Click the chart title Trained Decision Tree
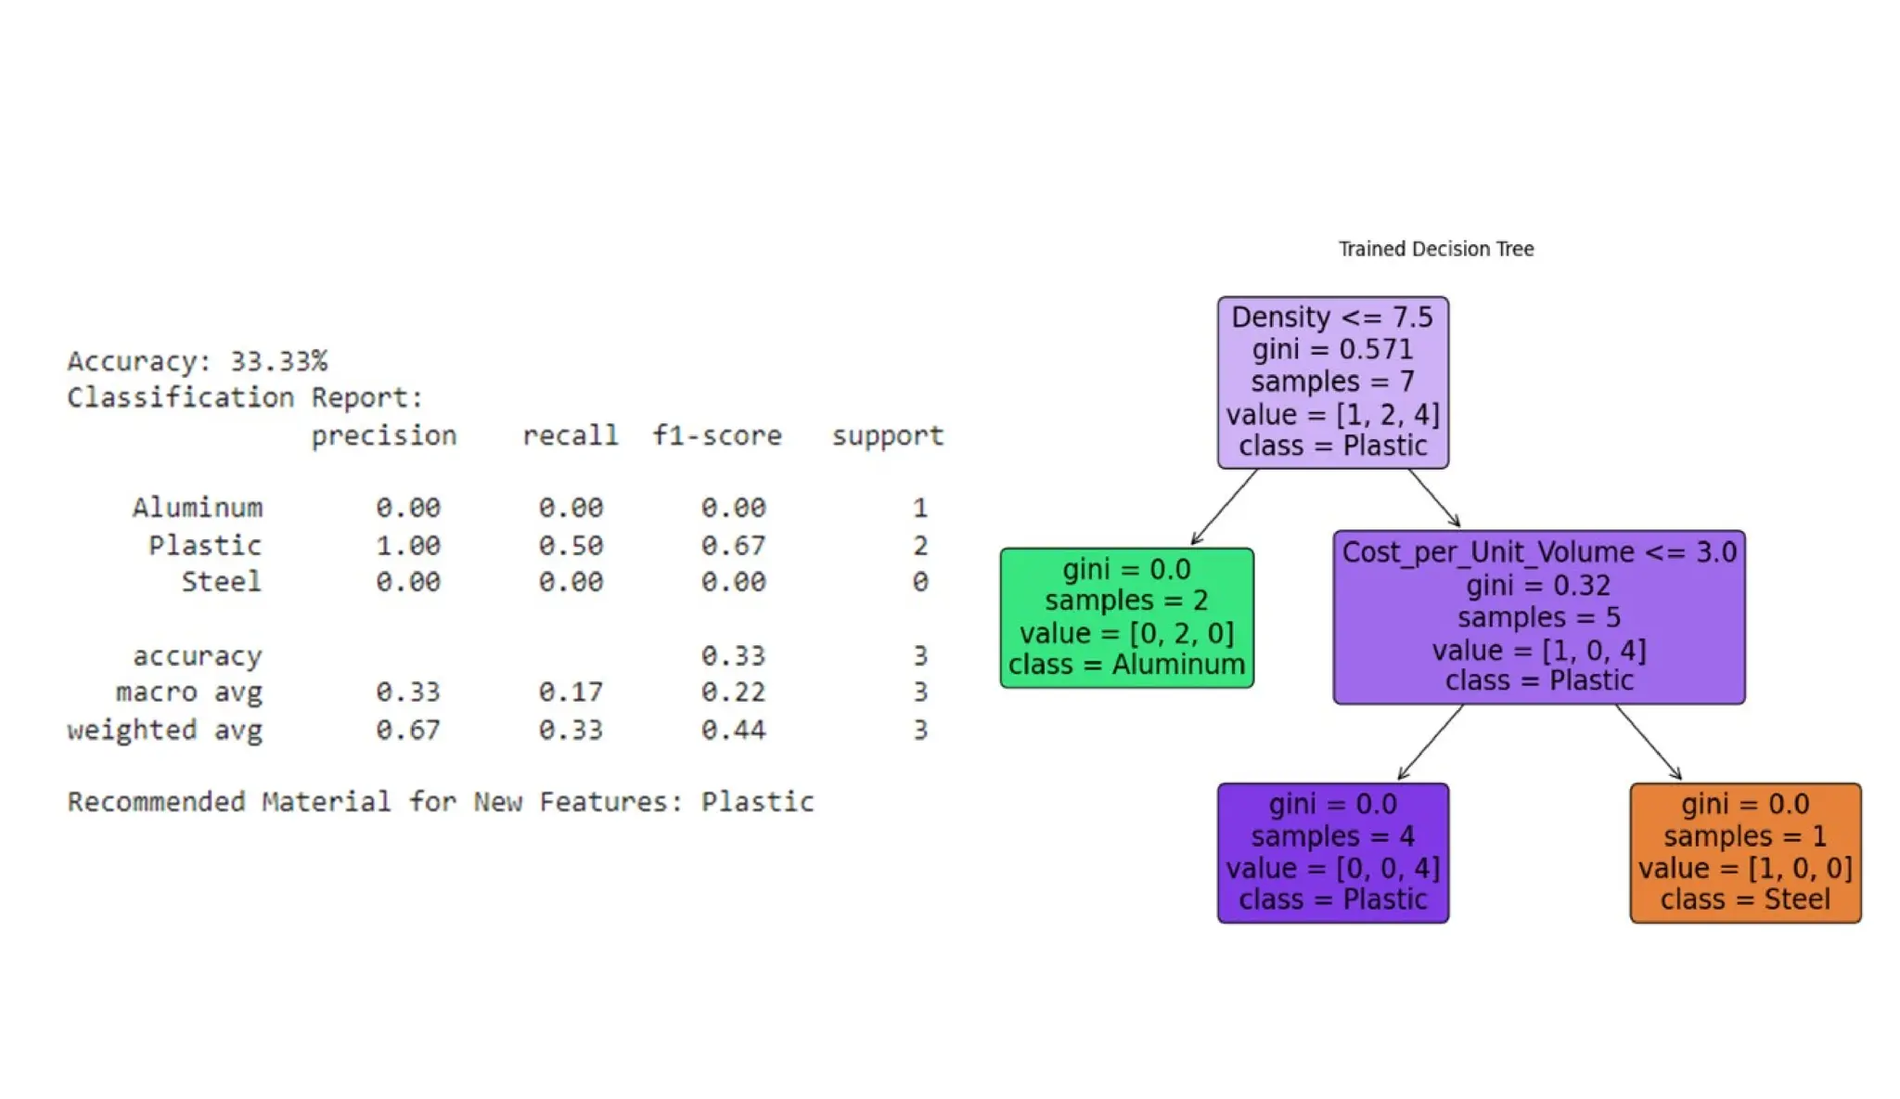click(1435, 249)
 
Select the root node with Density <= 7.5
click(1332, 381)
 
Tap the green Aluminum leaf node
click(1126, 617)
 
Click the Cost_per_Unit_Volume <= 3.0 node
click(1538, 616)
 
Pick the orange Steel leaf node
click(1744, 852)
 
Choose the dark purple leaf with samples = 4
click(1332, 852)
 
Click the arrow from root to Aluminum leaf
click(1224, 507)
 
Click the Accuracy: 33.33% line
click(197, 361)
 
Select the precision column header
click(383, 435)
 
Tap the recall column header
click(570, 435)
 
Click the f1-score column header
click(716, 435)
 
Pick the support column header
click(887, 435)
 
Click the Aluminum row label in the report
click(197, 508)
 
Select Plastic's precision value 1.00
click(407, 545)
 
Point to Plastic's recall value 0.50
click(571, 545)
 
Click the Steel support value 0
click(919, 582)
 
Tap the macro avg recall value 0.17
click(571, 692)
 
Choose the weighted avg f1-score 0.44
click(733, 731)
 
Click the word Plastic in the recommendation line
click(757, 802)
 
